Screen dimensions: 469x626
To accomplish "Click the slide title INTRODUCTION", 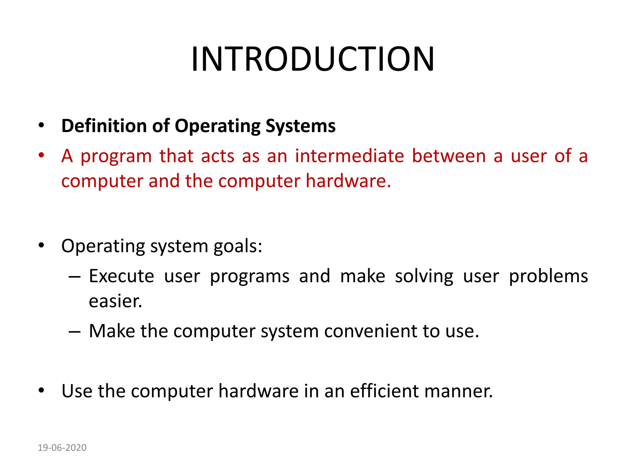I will coord(313,59).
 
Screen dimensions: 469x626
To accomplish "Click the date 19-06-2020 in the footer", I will coord(62,448).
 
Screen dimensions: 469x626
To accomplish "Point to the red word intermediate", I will coord(349,156).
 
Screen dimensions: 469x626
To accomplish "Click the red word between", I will coord(449,156).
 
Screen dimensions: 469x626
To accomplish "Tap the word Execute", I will coord(121,276).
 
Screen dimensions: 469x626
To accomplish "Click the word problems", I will coord(548,276).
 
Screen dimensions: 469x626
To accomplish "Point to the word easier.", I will coord(115,301).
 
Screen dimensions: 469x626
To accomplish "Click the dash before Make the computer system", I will coord(75,332).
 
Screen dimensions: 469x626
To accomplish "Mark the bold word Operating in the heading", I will coord(217,126).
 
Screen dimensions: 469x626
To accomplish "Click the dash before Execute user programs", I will coord(75,277).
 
